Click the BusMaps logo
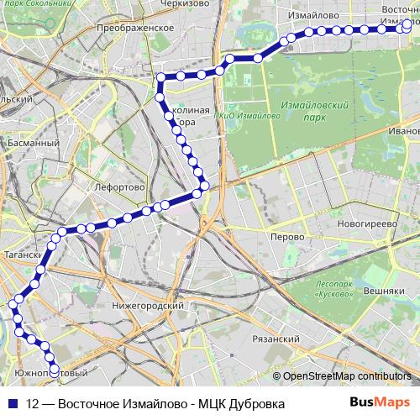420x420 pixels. (379, 403)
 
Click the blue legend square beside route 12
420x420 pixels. (12, 404)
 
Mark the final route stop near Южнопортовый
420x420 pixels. (55, 367)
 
